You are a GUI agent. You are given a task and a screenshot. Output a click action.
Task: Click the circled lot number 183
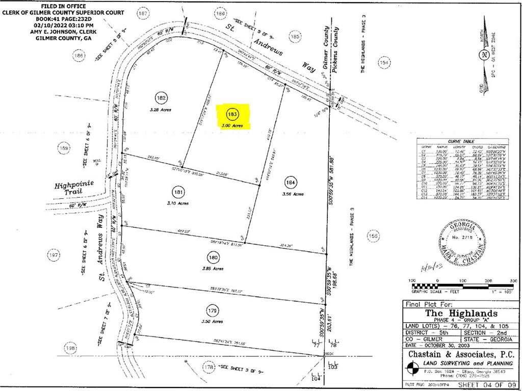pyautogui.click(x=233, y=114)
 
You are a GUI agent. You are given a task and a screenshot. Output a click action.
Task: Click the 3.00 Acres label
pyautogui.click(x=232, y=125)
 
